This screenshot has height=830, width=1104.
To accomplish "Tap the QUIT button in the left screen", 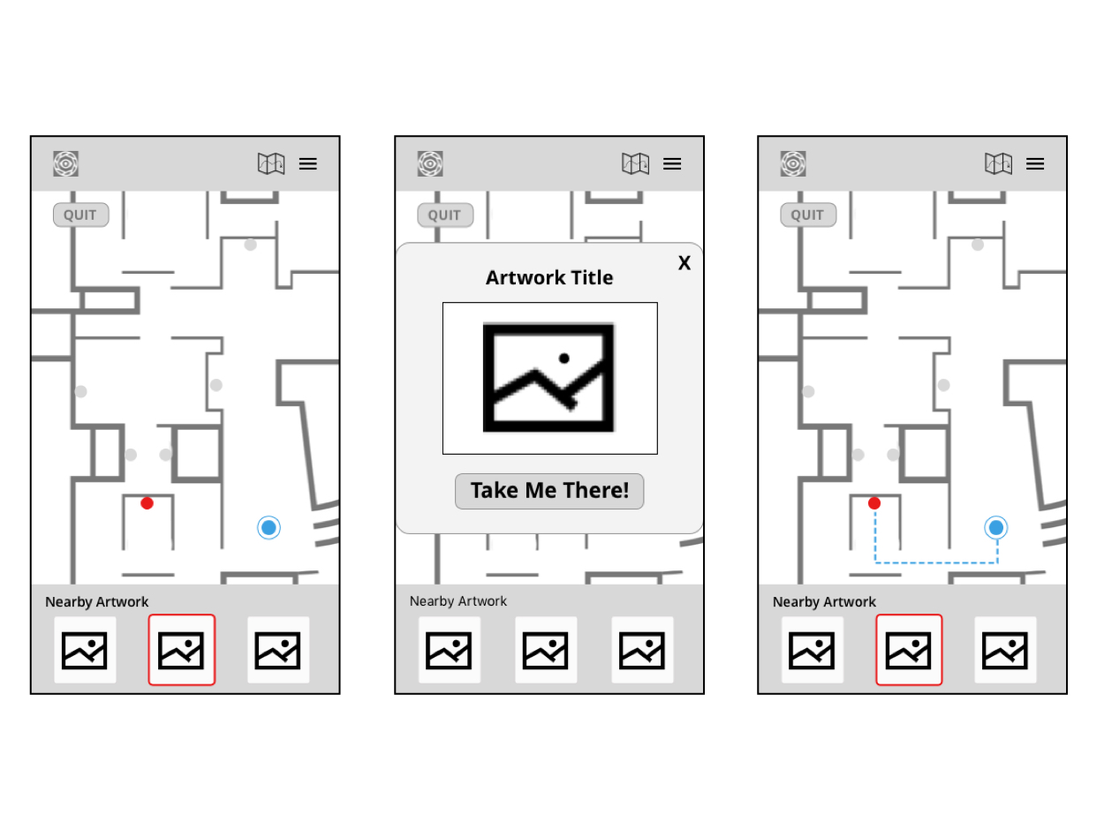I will tap(81, 215).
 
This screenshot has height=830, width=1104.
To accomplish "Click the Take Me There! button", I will tap(549, 491).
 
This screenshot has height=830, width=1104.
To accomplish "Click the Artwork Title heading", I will tap(549, 277).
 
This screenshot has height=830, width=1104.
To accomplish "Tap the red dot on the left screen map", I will tap(147, 503).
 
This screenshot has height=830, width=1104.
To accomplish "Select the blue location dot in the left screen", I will tap(269, 528).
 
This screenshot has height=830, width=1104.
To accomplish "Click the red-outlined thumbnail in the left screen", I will tap(181, 650).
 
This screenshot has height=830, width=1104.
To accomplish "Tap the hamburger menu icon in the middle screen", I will tap(672, 163).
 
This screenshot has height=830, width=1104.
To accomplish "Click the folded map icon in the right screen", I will tap(998, 163).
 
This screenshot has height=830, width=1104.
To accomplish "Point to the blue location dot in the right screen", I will tap(996, 528).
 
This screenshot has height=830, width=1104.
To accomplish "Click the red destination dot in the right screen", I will tap(874, 503).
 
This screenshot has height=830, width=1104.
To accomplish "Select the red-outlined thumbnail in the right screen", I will tap(909, 650).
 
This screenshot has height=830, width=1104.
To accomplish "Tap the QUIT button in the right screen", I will tap(808, 215).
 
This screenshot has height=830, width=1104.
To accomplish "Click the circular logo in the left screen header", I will tap(66, 163).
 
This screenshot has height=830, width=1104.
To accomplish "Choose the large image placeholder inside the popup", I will tap(549, 378).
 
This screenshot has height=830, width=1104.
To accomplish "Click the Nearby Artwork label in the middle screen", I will tap(458, 601).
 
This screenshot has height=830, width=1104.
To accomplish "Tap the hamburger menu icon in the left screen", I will tap(307, 163).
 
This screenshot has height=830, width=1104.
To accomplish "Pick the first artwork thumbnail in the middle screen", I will tap(450, 650).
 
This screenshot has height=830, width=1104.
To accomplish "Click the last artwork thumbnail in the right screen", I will tap(1005, 650).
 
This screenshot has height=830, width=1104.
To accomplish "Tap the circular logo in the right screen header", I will tap(793, 163).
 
